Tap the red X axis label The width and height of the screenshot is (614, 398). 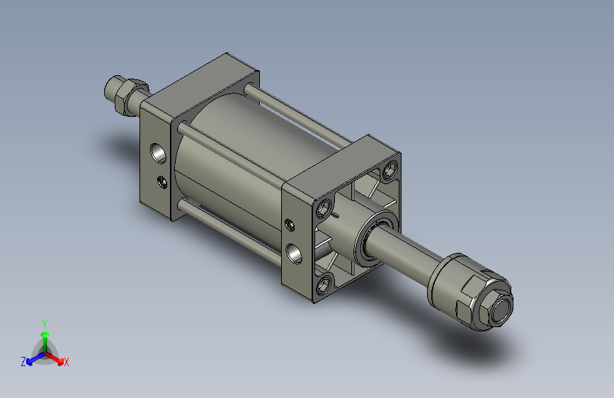click(x=67, y=363)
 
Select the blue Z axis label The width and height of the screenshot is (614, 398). click(x=23, y=362)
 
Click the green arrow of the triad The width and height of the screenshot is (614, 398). click(x=45, y=336)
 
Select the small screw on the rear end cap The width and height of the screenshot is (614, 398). click(x=162, y=181)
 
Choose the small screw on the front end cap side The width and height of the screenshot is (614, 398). click(x=289, y=225)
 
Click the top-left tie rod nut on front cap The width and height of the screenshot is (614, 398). click(x=324, y=207)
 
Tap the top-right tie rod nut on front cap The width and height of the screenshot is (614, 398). click(x=389, y=171)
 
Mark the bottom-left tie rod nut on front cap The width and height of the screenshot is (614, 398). click(x=324, y=285)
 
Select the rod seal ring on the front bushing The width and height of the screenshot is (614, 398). click(x=373, y=239)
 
